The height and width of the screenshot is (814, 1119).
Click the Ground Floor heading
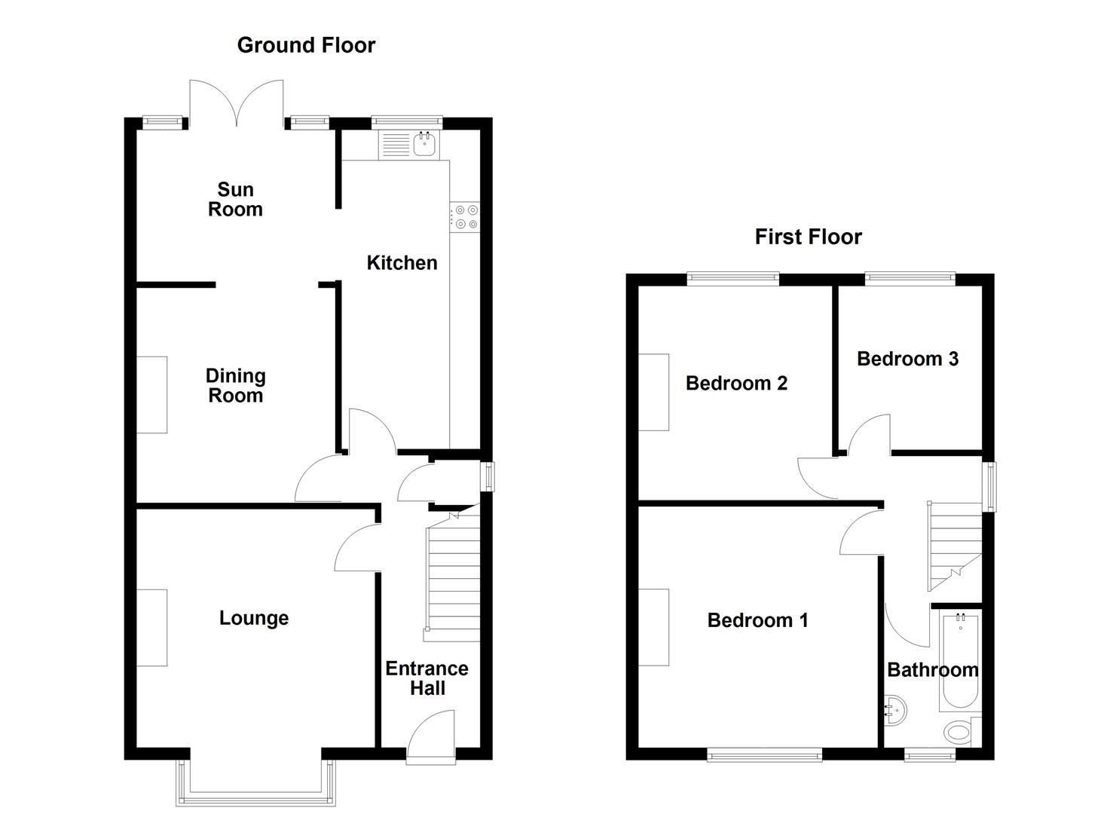click(306, 45)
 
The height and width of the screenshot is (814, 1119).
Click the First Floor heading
click(808, 237)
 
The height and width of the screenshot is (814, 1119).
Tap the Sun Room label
click(235, 200)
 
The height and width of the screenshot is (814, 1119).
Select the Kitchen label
click(402, 263)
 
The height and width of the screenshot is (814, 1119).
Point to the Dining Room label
click(235, 386)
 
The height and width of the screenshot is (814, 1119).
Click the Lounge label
click(254, 618)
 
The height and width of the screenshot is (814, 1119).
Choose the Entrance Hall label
click(427, 678)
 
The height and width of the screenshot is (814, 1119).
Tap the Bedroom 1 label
click(757, 620)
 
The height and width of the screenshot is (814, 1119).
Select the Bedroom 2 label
click(736, 383)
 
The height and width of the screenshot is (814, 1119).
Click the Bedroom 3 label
click(907, 359)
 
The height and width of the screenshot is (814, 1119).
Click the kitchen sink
click(424, 144)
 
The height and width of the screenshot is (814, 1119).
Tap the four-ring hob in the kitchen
click(464, 217)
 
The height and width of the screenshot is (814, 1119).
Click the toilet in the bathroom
click(958, 731)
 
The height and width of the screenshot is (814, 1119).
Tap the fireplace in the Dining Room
click(151, 394)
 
